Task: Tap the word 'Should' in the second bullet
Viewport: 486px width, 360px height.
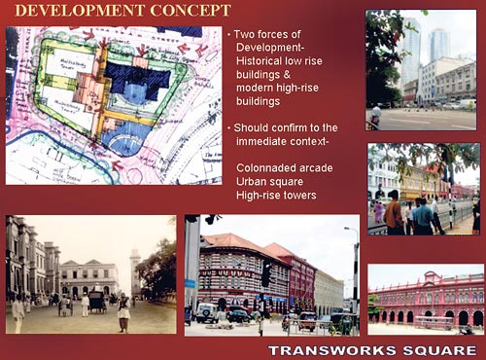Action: [x=256, y=127]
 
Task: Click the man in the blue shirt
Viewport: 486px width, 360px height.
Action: [x=422, y=214]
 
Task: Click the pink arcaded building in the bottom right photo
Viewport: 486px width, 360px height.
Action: [x=428, y=306]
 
